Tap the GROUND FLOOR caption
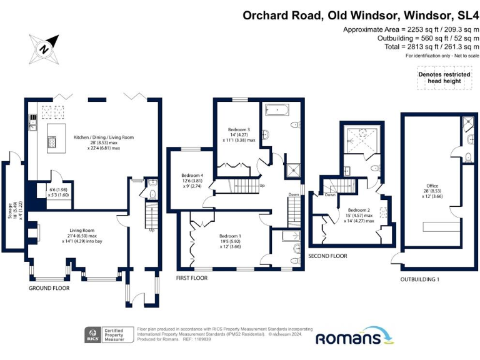click(49, 288)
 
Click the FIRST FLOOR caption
click(192, 277)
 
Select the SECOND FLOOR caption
click(328, 256)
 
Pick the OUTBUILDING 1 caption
click(419, 279)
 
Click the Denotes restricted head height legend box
click(439, 77)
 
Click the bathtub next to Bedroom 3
click(274, 111)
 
